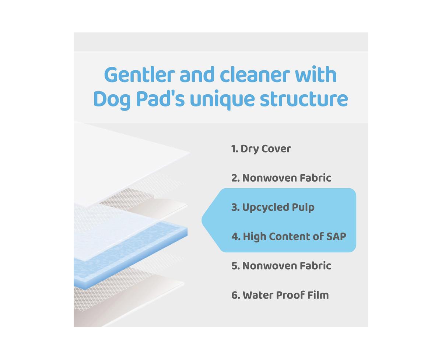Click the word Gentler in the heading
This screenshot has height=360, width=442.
pos(139,75)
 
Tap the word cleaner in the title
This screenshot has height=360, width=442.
pos(255,75)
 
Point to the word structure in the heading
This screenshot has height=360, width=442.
pos(304,99)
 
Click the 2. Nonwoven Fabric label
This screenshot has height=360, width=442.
pos(281,178)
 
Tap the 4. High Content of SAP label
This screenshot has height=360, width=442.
pos(289,237)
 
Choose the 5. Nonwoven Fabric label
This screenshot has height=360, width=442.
pos(281,266)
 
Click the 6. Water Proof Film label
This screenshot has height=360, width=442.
pos(280,295)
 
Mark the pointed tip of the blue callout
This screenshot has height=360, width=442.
pos(202,220)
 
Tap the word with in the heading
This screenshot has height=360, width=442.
pos(316,74)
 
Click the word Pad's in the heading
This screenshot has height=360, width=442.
pos(160,99)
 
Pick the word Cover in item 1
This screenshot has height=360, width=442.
pos(276,149)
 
